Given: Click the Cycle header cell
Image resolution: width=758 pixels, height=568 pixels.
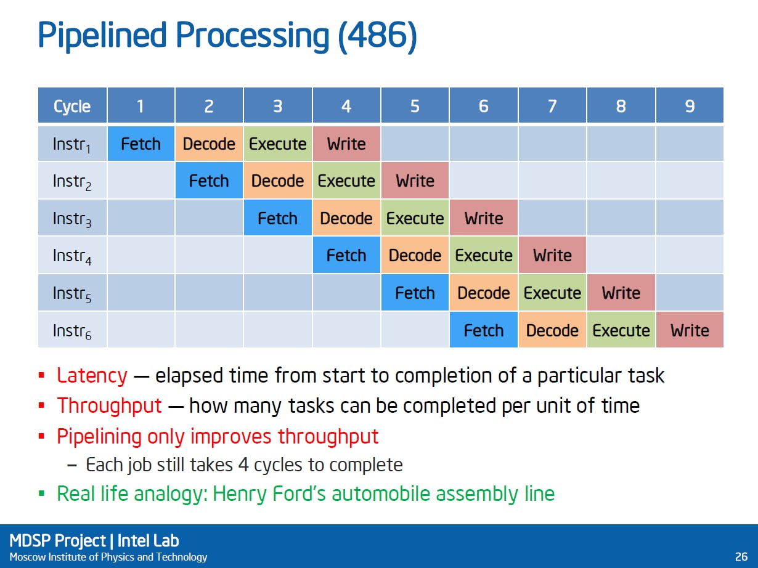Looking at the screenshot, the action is (72, 105).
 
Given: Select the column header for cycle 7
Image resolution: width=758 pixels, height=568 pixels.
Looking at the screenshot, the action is (552, 105).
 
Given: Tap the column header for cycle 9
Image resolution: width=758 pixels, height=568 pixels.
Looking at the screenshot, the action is (690, 105).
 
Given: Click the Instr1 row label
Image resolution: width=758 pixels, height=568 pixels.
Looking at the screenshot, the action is (72, 144).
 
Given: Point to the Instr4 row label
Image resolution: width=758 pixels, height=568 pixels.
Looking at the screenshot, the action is (72, 256).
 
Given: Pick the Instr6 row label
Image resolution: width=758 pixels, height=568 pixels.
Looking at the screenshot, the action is (72, 330).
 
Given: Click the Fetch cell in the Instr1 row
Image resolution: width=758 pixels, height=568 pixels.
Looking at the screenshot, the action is (141, 144).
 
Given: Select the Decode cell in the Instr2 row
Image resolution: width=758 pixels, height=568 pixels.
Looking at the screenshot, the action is (278, 181).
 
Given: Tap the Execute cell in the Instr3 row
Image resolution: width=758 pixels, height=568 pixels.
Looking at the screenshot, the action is (415, 217).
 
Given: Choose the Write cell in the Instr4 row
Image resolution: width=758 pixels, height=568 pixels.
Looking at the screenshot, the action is (552, 256).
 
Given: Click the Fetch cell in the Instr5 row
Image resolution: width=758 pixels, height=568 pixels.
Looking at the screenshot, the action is (415, 293).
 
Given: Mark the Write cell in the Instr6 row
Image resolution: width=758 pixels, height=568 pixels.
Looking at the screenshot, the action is (690, 330).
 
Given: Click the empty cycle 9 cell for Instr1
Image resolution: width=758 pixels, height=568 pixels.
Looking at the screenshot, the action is (690, 144).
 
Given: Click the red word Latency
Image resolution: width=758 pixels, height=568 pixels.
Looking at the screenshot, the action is (92, 375).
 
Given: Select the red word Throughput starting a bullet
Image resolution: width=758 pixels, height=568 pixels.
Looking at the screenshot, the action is (110, 405).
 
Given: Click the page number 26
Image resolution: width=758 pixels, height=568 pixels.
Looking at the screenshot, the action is (741, 557).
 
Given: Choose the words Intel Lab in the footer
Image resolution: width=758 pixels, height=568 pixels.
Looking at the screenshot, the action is (148, 541).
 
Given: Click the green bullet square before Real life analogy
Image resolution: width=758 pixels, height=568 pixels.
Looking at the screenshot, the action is (42, 493).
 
